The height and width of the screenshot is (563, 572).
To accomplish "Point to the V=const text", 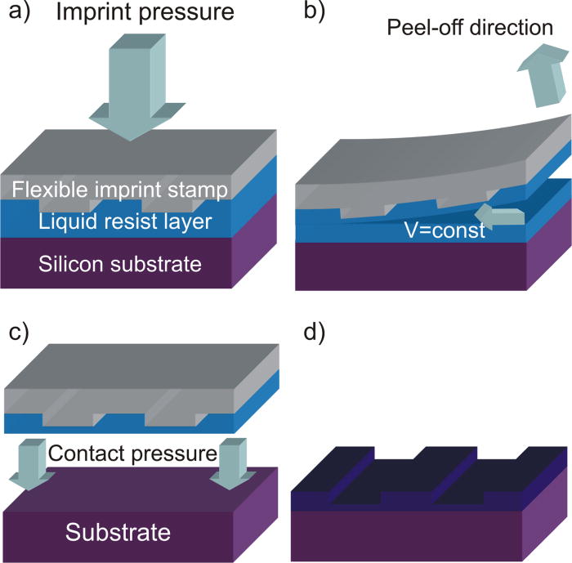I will click(x=445, y=231).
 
